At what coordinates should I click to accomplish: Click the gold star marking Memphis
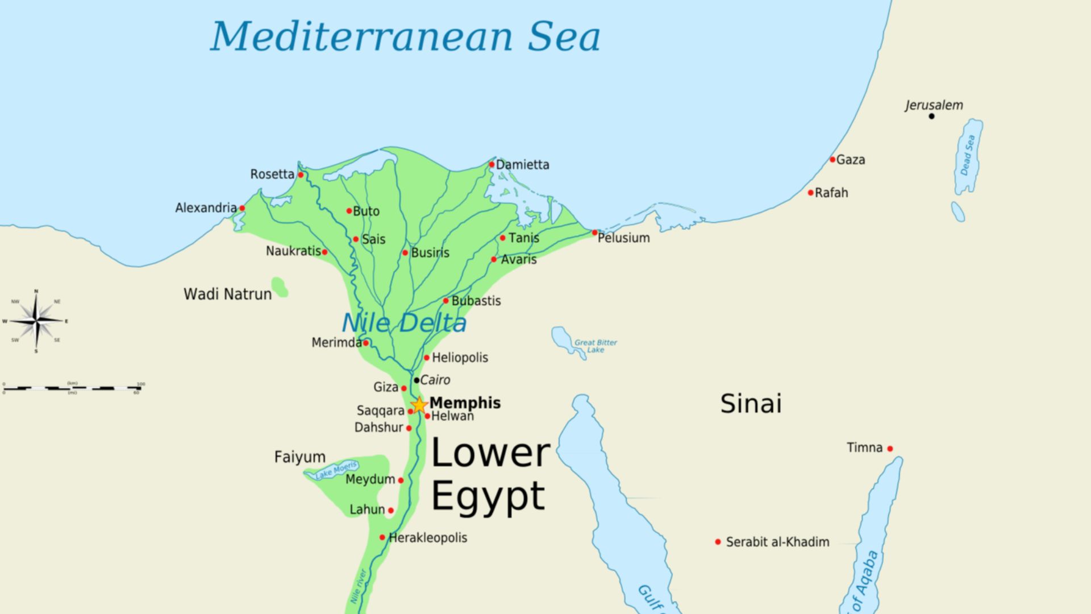point(419,405)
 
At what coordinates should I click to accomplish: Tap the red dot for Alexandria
point(242,208)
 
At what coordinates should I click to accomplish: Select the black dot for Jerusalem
point(931,116)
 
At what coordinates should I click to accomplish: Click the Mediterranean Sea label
point(405,36)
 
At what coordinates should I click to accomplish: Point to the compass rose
point(36,321)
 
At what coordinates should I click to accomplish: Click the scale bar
point(72,388)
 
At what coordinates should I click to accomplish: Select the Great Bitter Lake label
point(595,346)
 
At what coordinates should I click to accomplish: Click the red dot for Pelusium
point(595,233)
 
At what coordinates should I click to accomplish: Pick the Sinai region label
point(751,404)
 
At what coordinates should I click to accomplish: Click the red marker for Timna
point(890,449)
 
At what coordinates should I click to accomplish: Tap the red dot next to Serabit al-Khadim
point(718,542)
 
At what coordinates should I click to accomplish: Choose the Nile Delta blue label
point(404,323)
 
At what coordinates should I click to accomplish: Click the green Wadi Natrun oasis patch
point(279,287)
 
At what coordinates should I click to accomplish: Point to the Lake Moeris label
point(336,470)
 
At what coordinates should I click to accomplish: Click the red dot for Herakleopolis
point(382,537)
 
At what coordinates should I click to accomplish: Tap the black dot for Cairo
point(417,380)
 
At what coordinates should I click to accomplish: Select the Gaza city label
point(851,160)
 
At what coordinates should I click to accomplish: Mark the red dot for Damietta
point(492,164)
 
